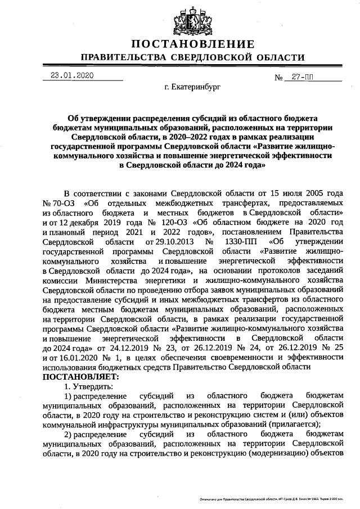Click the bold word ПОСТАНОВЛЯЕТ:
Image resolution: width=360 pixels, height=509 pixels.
tap(81, 376)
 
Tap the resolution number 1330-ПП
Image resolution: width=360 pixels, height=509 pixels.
tap(235, 242)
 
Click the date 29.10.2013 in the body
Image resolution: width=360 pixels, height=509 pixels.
tap(169, 242)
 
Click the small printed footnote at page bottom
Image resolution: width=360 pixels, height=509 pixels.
tap(279, 498)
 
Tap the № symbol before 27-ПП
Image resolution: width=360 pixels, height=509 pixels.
tap(278, 77)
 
